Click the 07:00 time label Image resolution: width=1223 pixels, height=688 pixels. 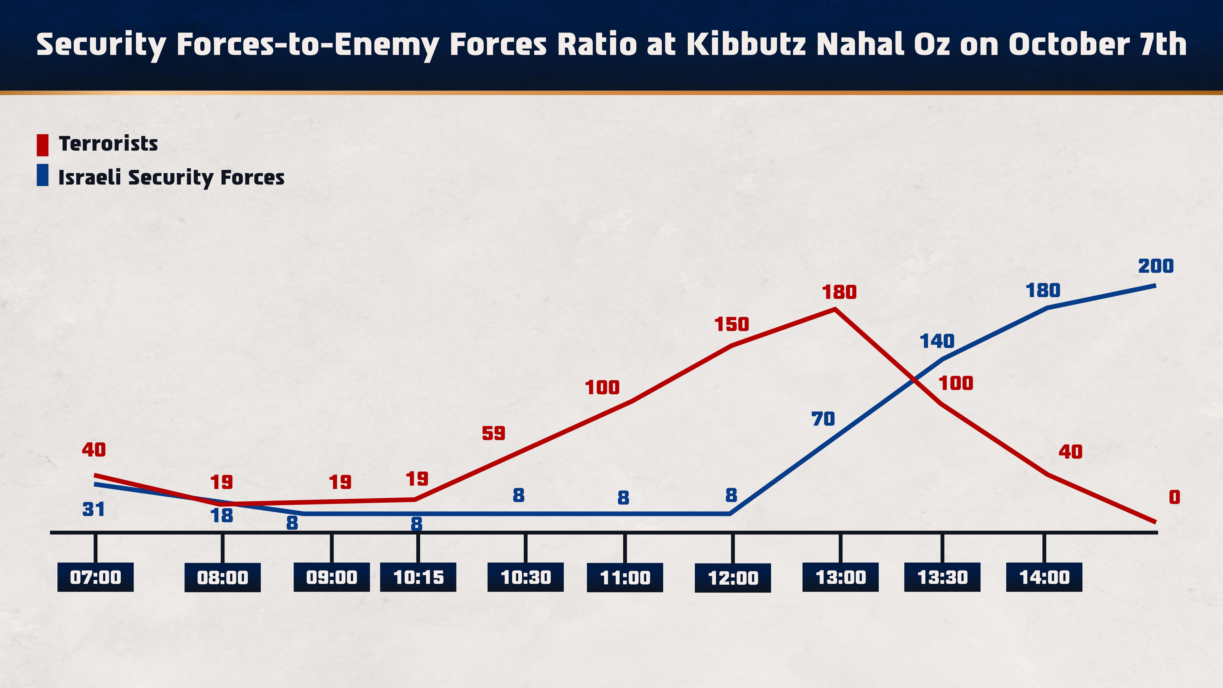[96, 577]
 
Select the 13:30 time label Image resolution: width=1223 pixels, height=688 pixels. [942, 577]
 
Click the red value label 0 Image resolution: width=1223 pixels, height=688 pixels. [1174, 497]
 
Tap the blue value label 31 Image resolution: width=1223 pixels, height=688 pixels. [94, 510]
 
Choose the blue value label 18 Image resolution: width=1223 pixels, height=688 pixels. [222, 516]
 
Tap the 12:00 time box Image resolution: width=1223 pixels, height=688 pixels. [733, 578]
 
